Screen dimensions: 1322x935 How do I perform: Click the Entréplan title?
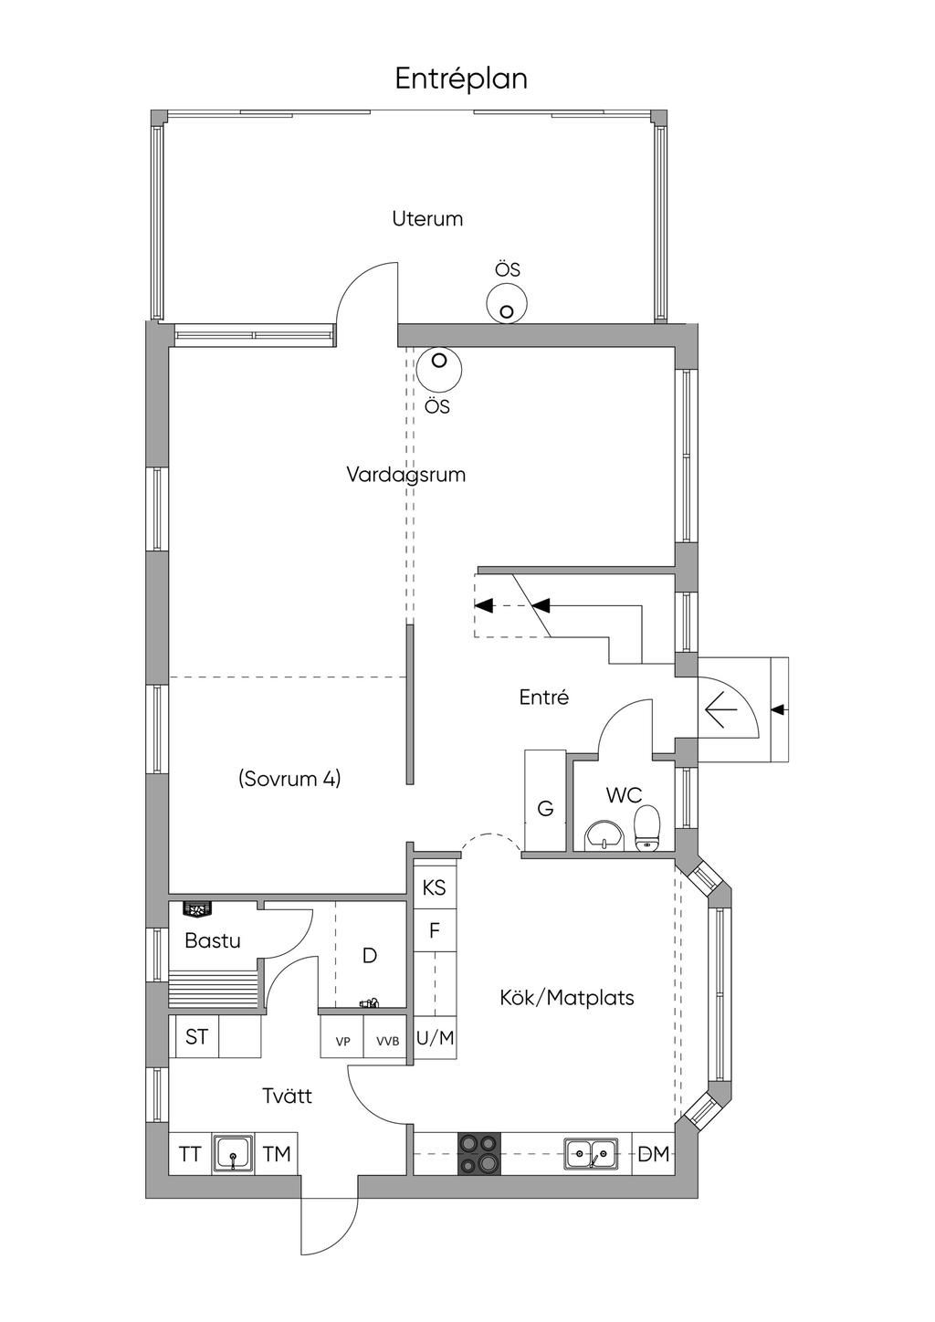click(461, 79)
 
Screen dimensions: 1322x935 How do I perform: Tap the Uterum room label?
click(427, 219)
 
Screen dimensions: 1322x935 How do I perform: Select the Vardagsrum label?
click(405, 475)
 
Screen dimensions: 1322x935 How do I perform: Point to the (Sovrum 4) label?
click(289, 779)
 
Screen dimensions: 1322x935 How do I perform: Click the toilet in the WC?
click(647, 827)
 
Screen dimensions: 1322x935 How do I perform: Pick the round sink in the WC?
click(603, 834)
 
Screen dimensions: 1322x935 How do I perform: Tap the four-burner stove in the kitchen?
click(480, 1154)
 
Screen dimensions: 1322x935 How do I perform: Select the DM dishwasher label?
click(653, 1154)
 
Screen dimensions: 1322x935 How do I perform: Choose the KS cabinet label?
click(435, 887)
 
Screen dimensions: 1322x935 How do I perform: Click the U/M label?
click(435, 1038)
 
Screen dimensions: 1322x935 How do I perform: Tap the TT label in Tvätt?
click(190, 1154)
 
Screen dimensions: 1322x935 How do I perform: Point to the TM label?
click(277, 1154)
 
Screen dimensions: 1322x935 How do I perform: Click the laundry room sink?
click(233, 1154)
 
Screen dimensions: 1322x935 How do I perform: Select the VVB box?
click(387, 1040)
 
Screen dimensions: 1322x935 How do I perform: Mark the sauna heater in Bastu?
click(197, 909)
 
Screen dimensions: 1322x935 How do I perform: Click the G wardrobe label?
click(545, 808)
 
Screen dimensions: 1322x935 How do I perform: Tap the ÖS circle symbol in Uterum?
click(506, 303)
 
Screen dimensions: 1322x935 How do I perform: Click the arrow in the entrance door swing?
click(722, 708)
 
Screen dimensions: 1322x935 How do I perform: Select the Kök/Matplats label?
click(567, 997)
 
